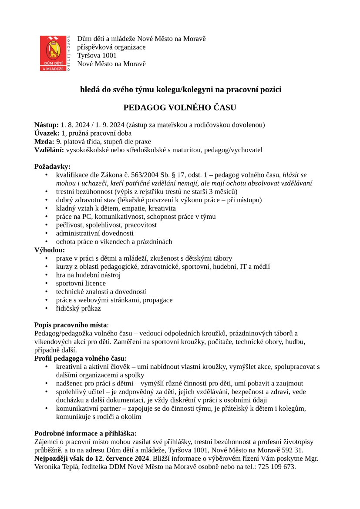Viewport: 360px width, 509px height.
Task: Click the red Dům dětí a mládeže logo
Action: pos(53,53)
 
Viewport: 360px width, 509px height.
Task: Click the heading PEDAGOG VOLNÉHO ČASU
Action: pos(180,107)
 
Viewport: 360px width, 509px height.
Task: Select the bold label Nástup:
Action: pos(47,125)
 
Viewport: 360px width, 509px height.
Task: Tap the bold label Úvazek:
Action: pos(47,133)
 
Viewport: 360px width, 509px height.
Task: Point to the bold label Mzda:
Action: pos(44,141)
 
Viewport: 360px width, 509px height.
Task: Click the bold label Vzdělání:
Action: pos(49,150)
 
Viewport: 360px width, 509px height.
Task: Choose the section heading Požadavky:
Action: pos(52,167)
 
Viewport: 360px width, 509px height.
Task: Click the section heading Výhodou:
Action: pos(50,250)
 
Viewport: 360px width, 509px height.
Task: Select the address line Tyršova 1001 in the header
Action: pos(97,56)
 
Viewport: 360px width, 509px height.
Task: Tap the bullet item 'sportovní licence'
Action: pos(81,284)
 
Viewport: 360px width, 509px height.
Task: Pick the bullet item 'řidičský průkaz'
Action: pos(78,308)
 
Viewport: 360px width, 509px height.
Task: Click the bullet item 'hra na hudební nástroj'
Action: pos(88,275)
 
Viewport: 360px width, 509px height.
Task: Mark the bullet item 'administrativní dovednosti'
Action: pos(95,234)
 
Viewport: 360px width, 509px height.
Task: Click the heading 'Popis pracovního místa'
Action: pos(71,325)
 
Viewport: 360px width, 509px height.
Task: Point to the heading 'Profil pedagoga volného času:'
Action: pos(81,359)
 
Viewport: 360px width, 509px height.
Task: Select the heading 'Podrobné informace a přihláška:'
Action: pos(85,434)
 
